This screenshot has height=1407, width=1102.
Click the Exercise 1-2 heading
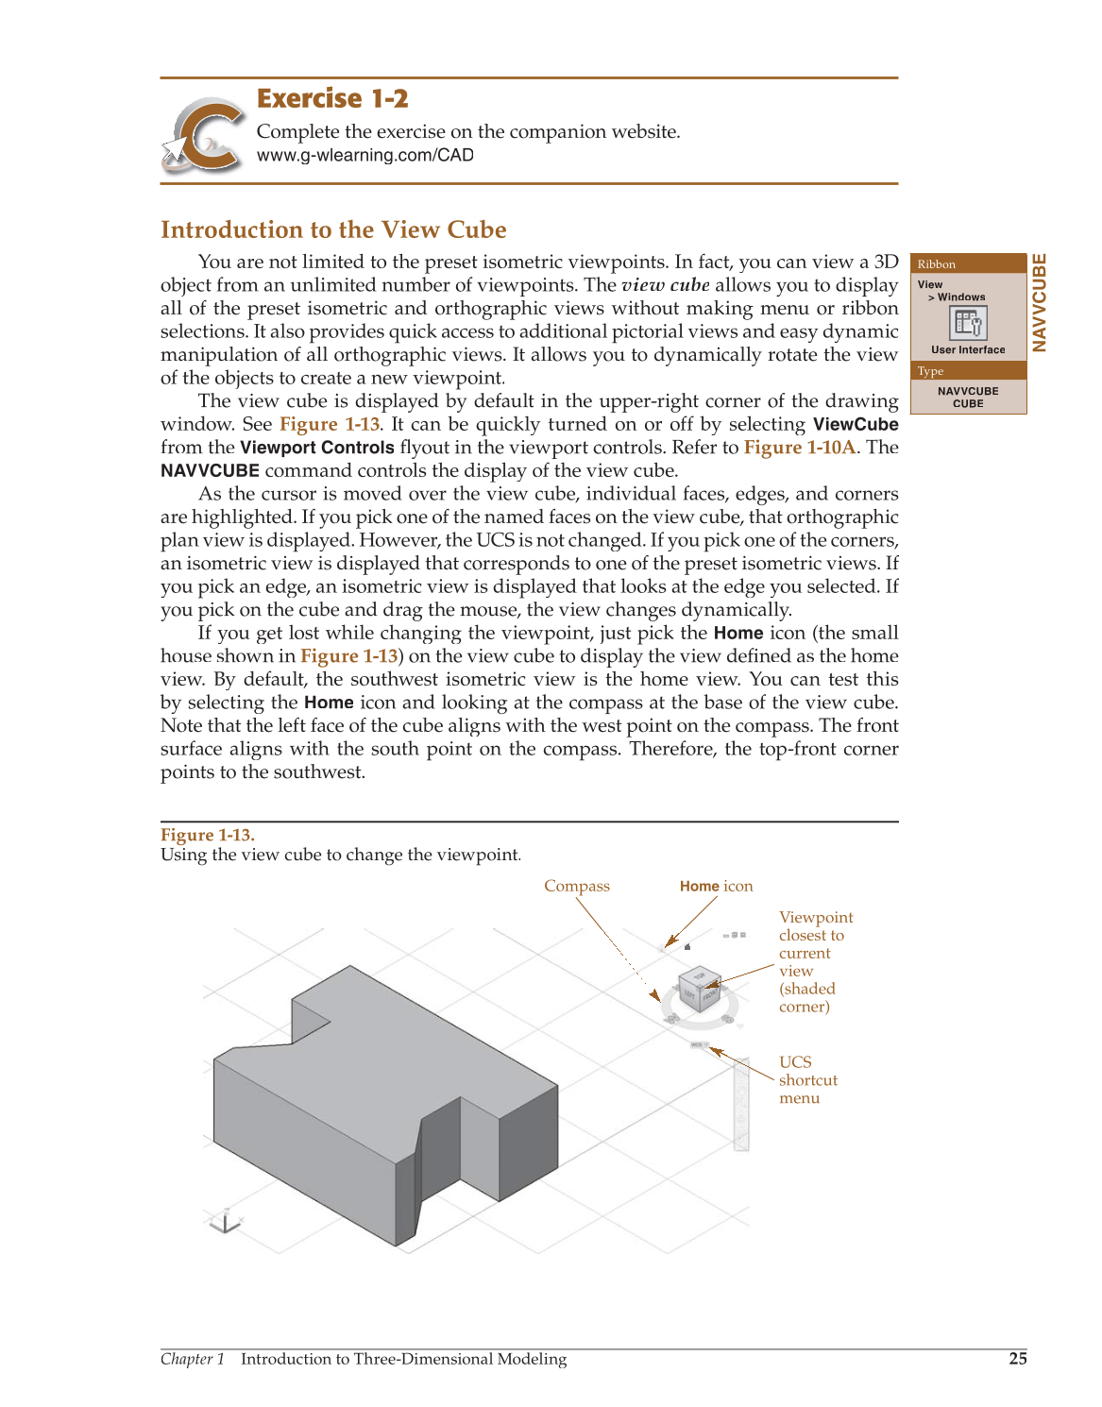(x=332, y=98)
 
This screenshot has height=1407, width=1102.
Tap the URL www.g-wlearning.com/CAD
(x=365, y=156)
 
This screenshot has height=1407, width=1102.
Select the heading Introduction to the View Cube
(x=333, y=229)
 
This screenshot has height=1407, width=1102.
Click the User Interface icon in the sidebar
(x=968, y=324)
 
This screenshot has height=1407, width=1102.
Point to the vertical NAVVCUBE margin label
(x=1039, y=302)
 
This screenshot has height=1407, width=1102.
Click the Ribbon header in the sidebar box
(x=937, y=264)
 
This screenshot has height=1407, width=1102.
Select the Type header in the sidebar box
(x=931, y=371)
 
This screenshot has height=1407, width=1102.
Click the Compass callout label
(x=576, y=886)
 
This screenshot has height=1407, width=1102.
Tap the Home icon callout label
(x=716, y=886)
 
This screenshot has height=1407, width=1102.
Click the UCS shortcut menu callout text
(x=807, y=1079)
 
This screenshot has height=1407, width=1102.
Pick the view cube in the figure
(x=700, y=989)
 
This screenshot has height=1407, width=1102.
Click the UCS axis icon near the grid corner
(x=225, y=1222)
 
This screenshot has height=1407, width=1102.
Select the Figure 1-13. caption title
(x=207, y=835)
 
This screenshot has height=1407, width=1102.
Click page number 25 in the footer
(x=1017, y=1359)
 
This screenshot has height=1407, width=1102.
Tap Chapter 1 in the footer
(x=193, y=1359)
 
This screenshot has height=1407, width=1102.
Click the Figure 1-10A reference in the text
(x=799, y=448)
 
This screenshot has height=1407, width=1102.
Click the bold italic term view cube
(x=665, y=285)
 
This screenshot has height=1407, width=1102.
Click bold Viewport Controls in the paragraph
(x=316, y=448)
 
